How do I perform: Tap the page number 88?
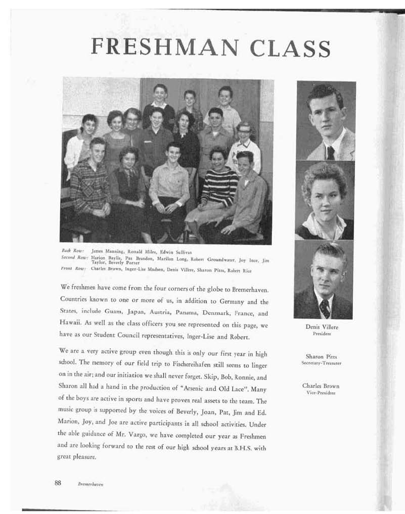pyautogui.click(x=58, y=483)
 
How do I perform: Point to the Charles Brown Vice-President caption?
pyautogui.click(x=321, y=386)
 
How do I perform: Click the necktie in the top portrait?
pyautogui.click(x=330, y=152)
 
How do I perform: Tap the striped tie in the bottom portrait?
pyautogui.click(x=324, y=307)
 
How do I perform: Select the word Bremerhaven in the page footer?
pyautogui.click(x=91, y=484)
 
